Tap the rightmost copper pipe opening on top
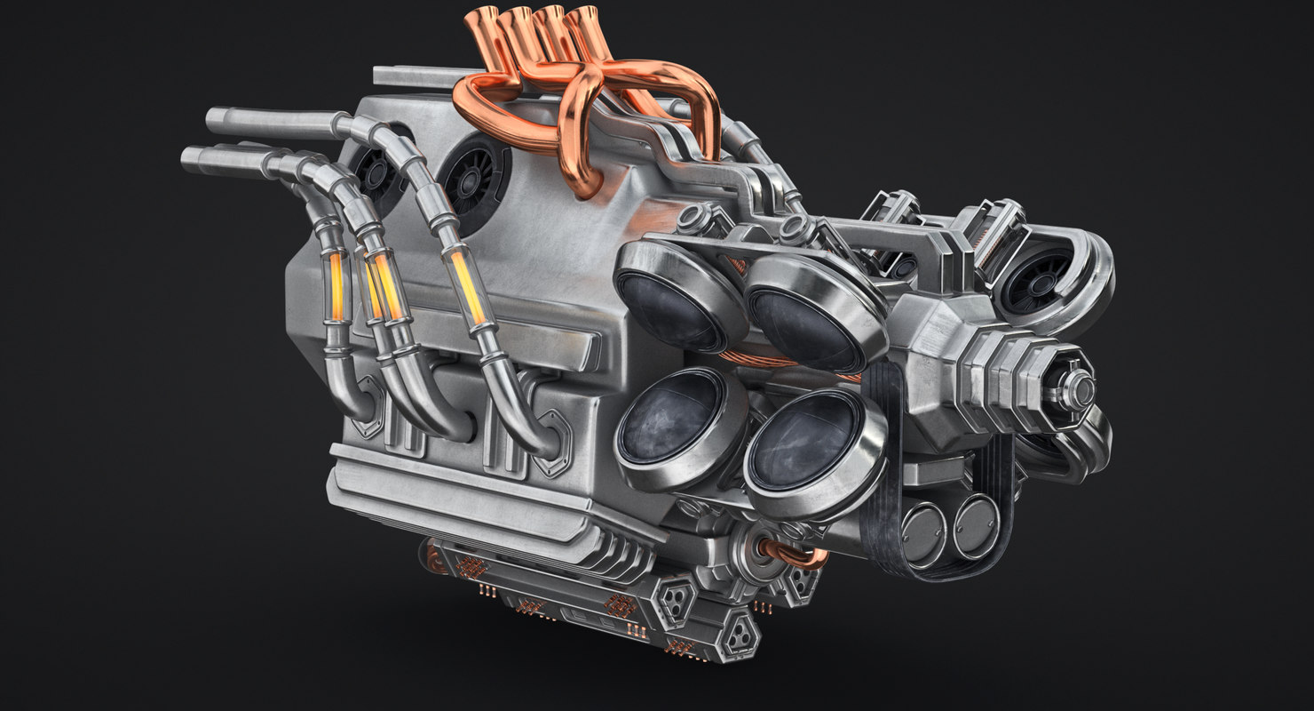584,18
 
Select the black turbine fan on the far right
1037,276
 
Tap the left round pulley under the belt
923,531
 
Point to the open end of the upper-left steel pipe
213,118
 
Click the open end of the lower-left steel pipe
188,158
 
